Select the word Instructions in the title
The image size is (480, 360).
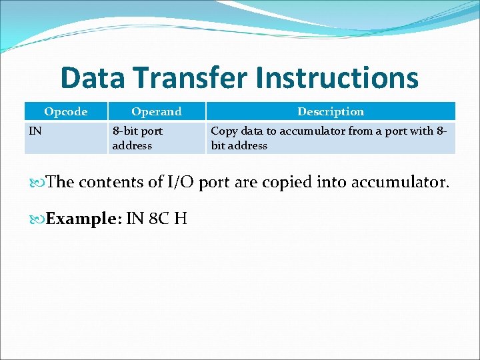tap(336, 78)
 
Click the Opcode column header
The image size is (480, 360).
tap(65, 111)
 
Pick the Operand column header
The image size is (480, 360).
tap(156, 111)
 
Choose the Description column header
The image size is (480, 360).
tap(331, 111)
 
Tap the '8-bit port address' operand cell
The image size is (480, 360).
tap(137, 138)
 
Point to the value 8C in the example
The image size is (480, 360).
tap(159, 219)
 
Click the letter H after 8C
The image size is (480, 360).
tap(180, 219)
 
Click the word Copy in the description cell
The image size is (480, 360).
tap(224, 131)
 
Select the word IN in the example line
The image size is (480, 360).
tap(135, 219)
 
